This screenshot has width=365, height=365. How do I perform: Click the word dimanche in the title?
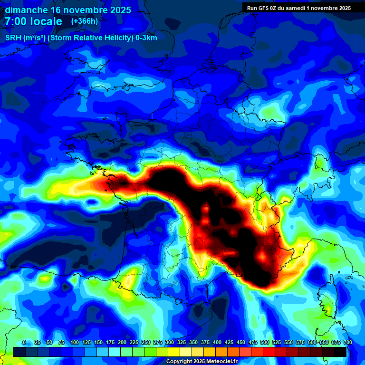click(26, 10)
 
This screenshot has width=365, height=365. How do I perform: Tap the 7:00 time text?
click(15, 21)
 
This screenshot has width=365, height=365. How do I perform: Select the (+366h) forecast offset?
click(84, 21)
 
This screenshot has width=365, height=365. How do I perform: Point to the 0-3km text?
click(147, 38)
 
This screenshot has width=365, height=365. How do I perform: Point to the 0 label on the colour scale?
click(24, 342)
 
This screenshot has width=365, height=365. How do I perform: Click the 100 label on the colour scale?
click(75, 342)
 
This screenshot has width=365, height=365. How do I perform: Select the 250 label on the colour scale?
click(146, 342)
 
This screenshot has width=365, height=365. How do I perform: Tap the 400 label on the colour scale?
click(217, 342)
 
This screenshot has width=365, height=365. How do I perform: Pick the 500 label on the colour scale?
click(265, 342)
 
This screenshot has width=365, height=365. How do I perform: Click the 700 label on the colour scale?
click(347, 342)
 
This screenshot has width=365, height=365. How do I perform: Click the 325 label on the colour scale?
click(182, 342)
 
